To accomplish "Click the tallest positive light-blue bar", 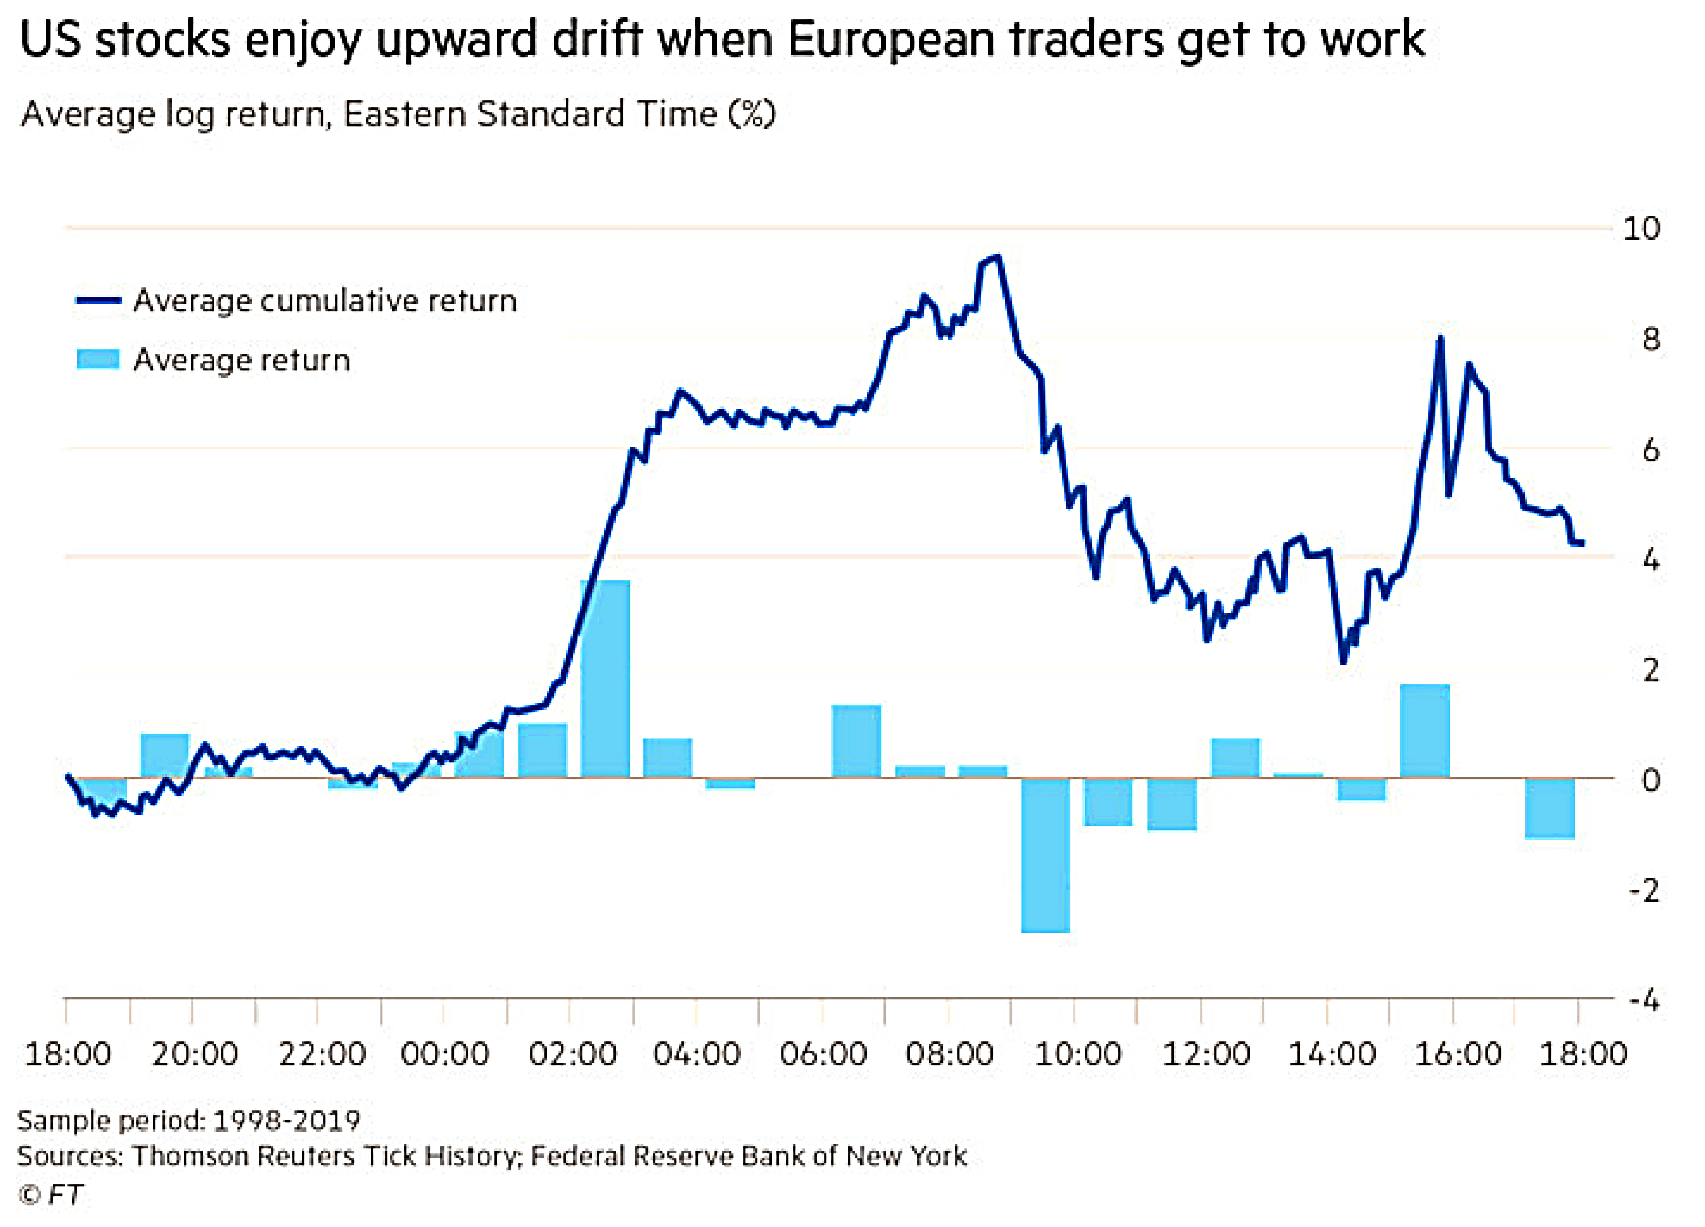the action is click(605, 679).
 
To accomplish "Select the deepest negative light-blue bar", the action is click(1046, 855).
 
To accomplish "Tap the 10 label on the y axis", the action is click(1641, 229).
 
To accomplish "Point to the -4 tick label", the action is click(1645, 1000).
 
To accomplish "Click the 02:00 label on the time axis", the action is click(572, 1055).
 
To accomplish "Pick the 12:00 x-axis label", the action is click(1206, 1055).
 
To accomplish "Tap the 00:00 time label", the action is click(445, 1055).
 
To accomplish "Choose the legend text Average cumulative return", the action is click(325, 301).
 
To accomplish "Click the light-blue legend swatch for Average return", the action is click(98, 359).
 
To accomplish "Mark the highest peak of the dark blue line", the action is click(997, 257).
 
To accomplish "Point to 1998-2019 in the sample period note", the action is click(286, 1121).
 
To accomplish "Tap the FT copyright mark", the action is click(50, 1195).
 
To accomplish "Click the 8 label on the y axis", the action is click(1650, 340).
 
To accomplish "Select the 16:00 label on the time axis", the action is click(1458, 1055).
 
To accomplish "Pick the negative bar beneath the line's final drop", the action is click(1549, 808).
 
